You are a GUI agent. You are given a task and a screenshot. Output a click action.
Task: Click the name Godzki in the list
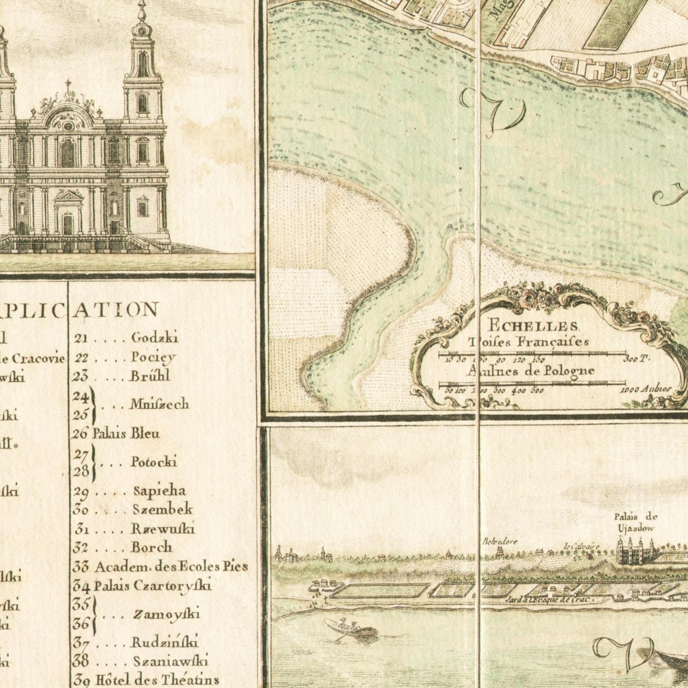pyautogui.click(x=154, y=338)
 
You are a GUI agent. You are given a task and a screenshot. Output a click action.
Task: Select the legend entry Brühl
pyautogui.click(x=150, y=376)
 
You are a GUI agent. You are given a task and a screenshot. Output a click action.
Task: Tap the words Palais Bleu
pyautogui.click(x=126, y=434)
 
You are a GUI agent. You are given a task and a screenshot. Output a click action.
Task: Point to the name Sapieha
pyautogui.click(x=159, y=491)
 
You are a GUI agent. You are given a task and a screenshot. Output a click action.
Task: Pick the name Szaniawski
pyautogui.click(x=170, y=661)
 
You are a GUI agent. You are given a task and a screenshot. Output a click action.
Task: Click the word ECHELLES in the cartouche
pyautogui.click(x=533, y=327)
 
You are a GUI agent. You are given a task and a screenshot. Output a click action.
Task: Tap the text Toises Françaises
pyautogui.click(x=528, y=341)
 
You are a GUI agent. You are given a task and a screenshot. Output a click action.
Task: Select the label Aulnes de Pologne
pyautogui.click(x=530, y=370)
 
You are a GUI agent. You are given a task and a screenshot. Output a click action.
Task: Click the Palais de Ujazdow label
pyautogui.click(x=635, y=522)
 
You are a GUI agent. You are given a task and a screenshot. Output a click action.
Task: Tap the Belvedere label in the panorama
pyautogui.click(x=499, y=541)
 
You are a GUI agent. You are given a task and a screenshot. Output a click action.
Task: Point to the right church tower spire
pyautogui.click(x=141, y=29)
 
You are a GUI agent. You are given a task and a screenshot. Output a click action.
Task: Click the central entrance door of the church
pyautogui.click(x=68, y=224)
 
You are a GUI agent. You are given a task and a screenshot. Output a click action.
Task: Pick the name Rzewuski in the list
pyautogui.click(x=163, y=528)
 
